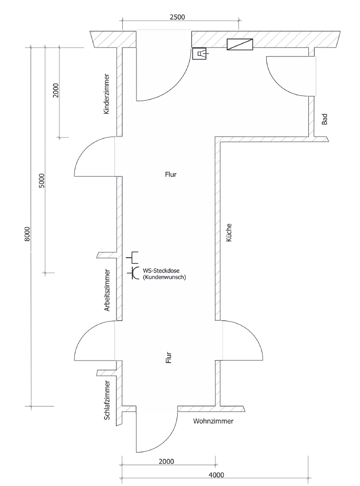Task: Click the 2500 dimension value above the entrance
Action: coord(177,17)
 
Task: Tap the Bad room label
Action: coord(324,120)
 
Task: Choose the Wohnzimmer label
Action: coord(213,422)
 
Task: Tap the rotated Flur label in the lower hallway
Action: coord(169,359)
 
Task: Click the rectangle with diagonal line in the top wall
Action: coord(240,45)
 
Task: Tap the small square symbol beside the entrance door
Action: coord(200,54)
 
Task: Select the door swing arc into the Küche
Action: coord(253,337)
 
